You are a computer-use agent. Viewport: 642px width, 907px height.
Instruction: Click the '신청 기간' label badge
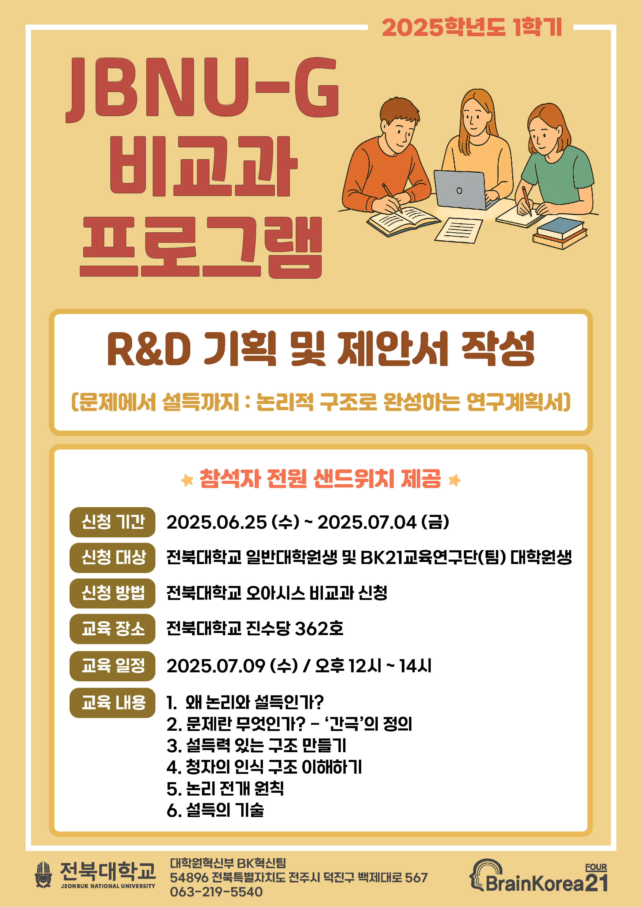tap(112, 522)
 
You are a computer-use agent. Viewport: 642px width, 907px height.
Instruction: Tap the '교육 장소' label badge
tap(112, 629)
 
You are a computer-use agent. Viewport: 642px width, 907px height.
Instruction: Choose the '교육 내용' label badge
tap(112, 703)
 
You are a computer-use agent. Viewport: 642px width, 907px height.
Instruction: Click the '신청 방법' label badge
tap(112, 593)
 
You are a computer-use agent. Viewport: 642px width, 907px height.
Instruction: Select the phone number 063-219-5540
tap(216, 892)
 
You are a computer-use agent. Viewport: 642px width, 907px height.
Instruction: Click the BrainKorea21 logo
tap(538, 877)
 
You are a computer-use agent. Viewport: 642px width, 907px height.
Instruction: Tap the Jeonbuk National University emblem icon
tap(44, 875)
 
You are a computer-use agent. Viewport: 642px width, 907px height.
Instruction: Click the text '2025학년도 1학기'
tap(472, 28)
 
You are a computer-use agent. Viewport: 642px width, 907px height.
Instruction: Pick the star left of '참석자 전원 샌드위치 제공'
tap(187, 480)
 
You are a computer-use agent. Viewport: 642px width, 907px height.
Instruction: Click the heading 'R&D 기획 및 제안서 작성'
tap(321, 349)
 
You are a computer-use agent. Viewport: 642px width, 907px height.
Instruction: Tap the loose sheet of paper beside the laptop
tap(458, 230)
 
